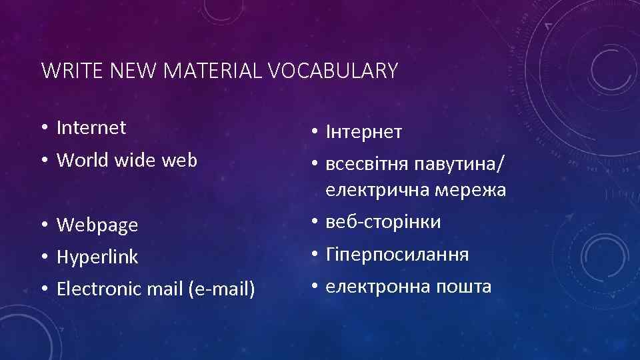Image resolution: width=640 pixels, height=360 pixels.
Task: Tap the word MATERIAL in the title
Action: (215, 70)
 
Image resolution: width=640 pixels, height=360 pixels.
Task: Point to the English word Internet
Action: (91, 127)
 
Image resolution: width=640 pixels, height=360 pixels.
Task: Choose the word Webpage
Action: (97, 225)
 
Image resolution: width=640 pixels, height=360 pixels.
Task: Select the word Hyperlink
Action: (97, 257)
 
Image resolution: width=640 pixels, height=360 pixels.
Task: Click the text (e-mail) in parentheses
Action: (222, 289)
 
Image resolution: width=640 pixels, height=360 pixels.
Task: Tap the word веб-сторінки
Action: (383, 222)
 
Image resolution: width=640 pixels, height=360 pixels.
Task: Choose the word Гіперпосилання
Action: (397, 255)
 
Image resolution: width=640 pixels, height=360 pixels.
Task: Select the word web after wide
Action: (181, 160)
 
